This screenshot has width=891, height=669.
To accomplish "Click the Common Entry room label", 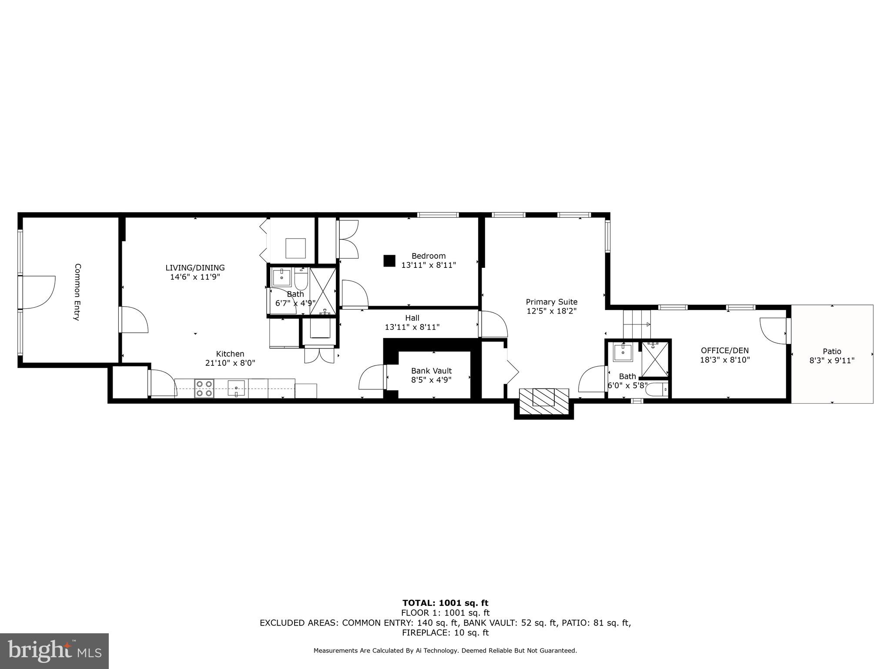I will tap(77, 292).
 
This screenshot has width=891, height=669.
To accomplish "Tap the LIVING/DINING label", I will tap(195, 268).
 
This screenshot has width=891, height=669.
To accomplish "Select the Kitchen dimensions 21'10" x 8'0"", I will tap(230, 363).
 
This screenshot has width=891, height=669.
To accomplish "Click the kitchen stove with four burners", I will tap(204, 388).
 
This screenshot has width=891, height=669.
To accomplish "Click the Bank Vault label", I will tap(431, 371).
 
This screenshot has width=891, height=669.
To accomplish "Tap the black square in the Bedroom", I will tap(389, 260).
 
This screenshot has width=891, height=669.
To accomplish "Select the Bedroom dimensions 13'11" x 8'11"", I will tap(429, 265).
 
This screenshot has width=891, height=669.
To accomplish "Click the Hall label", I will tap(412, 318).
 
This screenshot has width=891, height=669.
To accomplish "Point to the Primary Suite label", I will tap(551, 302).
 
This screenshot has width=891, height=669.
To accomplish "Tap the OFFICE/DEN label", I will tap(724, 351).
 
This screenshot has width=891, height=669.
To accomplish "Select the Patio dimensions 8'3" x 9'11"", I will tap(832, 361).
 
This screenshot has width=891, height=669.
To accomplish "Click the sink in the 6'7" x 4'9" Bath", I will tap(281, 277).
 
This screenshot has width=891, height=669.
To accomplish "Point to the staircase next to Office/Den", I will tap(636, 324).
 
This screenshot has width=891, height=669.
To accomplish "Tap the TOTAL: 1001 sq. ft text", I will tap(445, 603).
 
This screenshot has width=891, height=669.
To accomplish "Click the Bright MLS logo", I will tap(54, 651).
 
